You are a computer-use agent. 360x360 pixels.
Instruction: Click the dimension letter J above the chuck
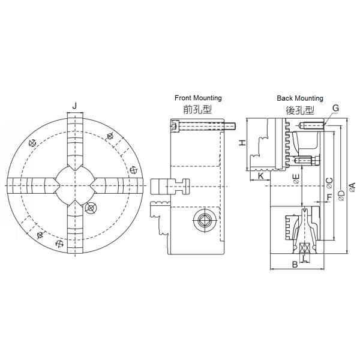[x=74, y=106]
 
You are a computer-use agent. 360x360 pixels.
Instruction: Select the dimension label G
[x=335, y=108]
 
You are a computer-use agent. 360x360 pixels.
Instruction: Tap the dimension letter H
[x=242, y=143]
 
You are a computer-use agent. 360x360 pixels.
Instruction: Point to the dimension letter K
[x=261, y=176]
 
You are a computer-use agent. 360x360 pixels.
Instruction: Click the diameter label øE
[x=296, y=179]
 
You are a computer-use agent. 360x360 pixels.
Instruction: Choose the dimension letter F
[x=329, y=197]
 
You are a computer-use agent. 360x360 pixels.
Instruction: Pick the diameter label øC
[x=329, y=183]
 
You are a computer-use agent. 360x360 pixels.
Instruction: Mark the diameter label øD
[x=341, y=196]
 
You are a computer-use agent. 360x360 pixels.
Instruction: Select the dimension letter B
[x=295, y=265]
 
